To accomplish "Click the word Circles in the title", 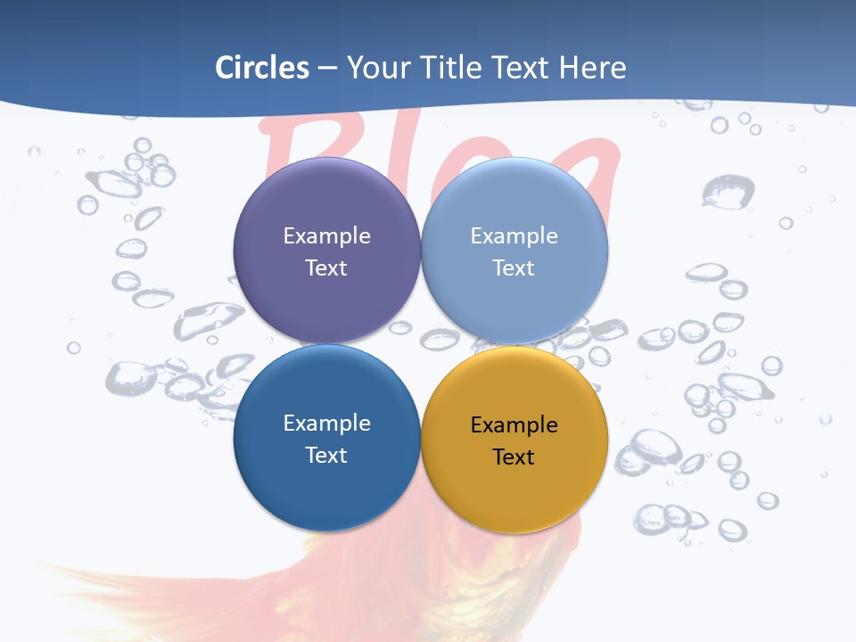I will pos(261,68).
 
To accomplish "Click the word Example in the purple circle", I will pos(326,235).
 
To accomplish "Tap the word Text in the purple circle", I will pos(326,267).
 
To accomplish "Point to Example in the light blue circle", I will pos(514,235).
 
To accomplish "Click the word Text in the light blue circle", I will pos(514,267).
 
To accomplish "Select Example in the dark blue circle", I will pos(326,423).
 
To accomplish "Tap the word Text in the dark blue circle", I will pos(326,455).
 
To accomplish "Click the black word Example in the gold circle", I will pos(514,424).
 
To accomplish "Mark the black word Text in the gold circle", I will pos(514,457).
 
